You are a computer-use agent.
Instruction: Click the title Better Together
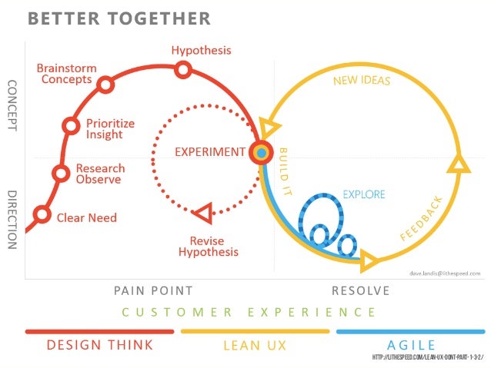(119, 18)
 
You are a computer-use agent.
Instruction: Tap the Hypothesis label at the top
(201, 51)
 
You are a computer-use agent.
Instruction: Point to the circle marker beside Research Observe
(60, 174)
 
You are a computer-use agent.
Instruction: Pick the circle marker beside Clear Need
(42, 215)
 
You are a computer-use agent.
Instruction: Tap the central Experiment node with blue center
(262, 153)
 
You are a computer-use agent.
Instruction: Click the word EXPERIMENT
(209, 151)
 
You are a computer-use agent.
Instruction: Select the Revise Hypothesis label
(209, 246)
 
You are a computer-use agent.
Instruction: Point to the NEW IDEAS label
(362, 81)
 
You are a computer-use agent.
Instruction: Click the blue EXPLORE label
(363, 194)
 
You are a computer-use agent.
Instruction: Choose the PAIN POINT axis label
(153, 290)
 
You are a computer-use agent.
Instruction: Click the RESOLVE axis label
(360, 290)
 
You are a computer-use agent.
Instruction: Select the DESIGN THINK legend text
(100, 345)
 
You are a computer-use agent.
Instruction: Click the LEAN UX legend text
(255, 346)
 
